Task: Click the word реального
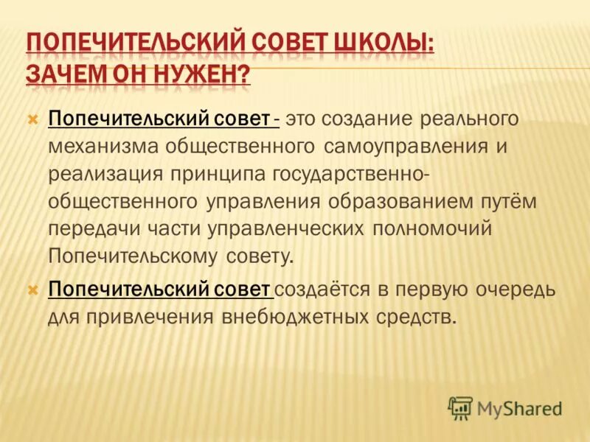tap(471, 119)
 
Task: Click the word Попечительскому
tap(133, 256)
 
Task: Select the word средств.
tap(418, 317)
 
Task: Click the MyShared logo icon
tap(459, 407)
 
